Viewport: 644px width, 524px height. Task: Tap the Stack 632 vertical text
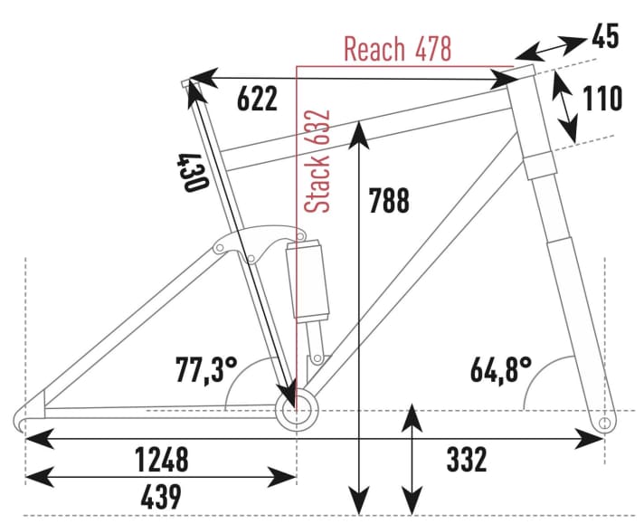317,162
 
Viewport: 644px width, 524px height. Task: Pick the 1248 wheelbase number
162,459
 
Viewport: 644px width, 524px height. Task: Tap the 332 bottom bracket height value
467,459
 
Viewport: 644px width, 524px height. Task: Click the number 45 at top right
605,37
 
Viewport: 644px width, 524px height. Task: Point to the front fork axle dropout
603,422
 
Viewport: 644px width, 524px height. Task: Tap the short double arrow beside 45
550,48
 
